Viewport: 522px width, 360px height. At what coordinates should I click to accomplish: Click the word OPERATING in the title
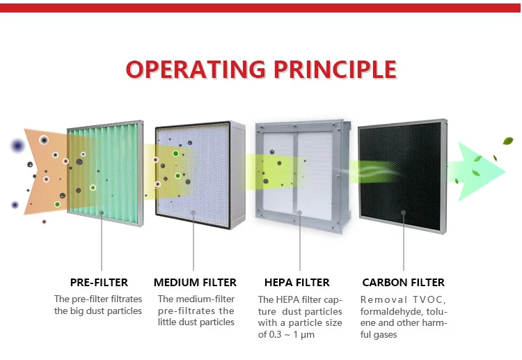click(196, 69)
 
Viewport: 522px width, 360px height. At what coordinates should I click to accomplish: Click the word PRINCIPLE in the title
click(335, 69)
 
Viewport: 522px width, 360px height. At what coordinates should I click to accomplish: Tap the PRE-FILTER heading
click(99, 283)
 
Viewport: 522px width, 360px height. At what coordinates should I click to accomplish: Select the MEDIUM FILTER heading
click(195, 283)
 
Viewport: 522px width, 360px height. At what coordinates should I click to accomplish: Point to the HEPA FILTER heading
click(297, 283)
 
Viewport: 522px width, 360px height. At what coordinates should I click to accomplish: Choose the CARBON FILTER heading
click(404, 283)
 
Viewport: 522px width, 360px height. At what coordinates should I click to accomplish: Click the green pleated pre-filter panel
click(106, 173)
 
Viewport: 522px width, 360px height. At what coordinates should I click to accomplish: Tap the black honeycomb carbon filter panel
click(402, 176)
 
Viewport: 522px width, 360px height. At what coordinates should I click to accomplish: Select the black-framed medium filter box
click(200, 175)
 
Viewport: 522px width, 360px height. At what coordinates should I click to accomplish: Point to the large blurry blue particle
click(17, 146)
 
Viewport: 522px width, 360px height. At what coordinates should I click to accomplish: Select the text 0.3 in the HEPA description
click(275, 334)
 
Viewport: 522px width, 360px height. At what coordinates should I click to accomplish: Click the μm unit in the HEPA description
click(308, 335)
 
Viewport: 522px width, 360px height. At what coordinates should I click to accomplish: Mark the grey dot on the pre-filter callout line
click(102, 212)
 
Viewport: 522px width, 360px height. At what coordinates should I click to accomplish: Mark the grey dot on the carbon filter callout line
click(404, 212)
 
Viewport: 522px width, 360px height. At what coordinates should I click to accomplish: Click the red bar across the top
click(261, 8)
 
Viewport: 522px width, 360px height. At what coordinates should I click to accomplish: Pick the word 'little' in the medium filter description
click(167, 322)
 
